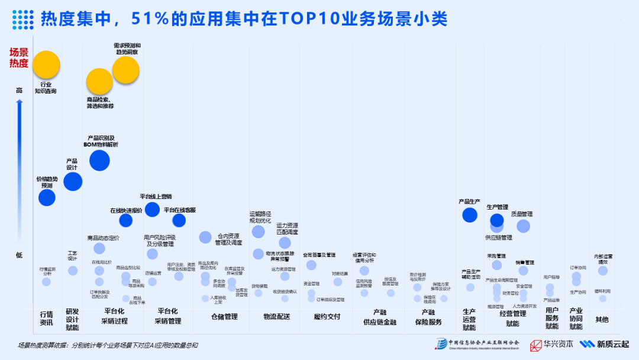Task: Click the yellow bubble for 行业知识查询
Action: tap(46, 65)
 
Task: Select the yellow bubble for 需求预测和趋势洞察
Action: tap(125, 70)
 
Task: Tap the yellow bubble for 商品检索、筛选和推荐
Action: tap(99, 82)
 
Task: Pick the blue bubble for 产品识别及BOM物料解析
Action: tap(99, 160)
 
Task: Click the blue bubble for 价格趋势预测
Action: tap(47, 198)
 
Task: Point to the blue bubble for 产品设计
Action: tap(72, 181)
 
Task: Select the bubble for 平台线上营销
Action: tap(152, 209)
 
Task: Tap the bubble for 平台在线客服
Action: tap(179, 220)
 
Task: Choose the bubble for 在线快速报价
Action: tap(125, 220)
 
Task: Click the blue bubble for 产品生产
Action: tap(470, 214)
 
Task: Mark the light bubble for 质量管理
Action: tap(523, 226)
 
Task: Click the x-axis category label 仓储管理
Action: tap(224, 317)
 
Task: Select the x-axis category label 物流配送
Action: tap(277, 317)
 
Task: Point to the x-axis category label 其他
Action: tap(602, 320)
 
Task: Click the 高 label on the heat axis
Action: tap(20, 91)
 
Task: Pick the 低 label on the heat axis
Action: tap(20, 255)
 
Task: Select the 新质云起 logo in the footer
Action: tap(604, 345)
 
